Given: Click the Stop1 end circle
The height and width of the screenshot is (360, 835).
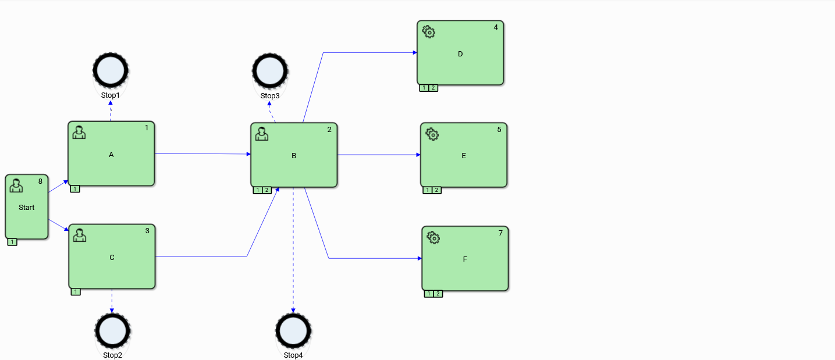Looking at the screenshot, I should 110,70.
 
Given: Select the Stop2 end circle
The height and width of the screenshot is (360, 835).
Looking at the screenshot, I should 112,331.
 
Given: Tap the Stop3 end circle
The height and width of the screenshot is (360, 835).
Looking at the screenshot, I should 270,71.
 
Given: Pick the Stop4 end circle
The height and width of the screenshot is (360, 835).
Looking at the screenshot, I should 293,331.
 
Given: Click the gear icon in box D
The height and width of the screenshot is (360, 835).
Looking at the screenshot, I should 429,32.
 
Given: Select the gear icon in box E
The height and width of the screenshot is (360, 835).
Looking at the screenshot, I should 432,134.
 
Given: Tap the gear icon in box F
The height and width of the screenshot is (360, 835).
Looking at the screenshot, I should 434,237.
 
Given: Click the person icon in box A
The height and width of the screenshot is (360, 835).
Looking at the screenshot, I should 79,133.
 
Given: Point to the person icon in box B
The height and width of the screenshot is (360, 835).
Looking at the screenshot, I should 262,134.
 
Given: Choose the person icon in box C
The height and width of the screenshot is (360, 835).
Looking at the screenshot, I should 80,236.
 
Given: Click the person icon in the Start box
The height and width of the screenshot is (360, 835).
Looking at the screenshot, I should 16,186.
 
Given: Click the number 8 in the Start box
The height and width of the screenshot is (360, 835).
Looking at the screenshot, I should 40,181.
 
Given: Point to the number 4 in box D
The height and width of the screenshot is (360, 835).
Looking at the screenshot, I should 496,27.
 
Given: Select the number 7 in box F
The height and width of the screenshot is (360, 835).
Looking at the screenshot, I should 500,233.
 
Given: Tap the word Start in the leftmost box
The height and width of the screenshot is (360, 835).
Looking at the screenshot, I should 27,207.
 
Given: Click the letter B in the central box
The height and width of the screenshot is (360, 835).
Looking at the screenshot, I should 294,156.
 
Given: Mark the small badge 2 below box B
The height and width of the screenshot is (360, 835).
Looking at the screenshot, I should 267,190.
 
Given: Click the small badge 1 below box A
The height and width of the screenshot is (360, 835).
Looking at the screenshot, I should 75,188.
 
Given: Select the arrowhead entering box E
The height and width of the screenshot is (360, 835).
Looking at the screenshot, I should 418,155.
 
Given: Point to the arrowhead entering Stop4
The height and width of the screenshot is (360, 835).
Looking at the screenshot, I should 293,311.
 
